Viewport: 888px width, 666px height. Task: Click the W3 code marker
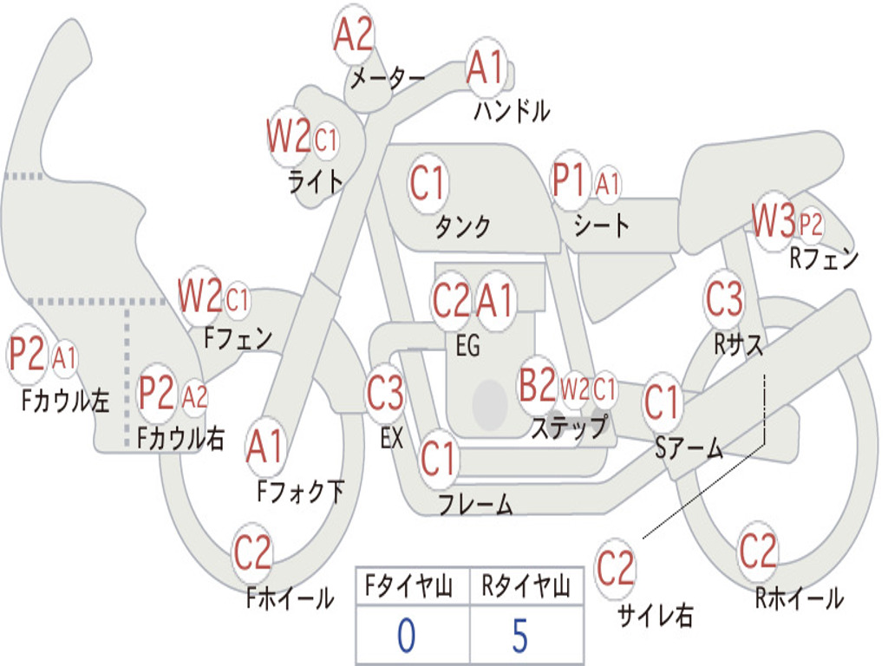pyautogui.click(x=773, y=220)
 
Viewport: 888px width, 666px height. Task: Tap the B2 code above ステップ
pyautogui.click(x=538, y=384)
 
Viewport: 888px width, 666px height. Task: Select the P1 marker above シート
pyautogui.click(x=569, y=181)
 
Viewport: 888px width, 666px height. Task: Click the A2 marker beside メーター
pyautogui.click(x=354, y=34)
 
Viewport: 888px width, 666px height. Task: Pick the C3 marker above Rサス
pyautogui.click(x=723, y=298)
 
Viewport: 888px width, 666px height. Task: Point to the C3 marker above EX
pyautogui.click(x=385, y=393)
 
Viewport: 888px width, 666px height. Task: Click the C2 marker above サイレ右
pyautogui.click(x=615, y=568)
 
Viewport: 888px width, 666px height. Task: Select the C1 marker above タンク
pyautogui.click(x=427, y=183)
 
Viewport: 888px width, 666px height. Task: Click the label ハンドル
pyautogui.click(x=512, y=111)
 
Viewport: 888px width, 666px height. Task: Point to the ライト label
pyautogui.click(x=316, y=182)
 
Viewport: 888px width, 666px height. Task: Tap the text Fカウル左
pyautogui.click(x=65, y=401)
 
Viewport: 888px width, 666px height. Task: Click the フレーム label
pyautogui.click(x=476, y=504)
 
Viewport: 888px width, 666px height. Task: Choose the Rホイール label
pyautogui.click(x=799, y=598)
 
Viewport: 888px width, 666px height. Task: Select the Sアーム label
pyautogui.click(x=689, y=448)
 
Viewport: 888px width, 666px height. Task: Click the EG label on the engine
pyautogui.click(x=467, y=345)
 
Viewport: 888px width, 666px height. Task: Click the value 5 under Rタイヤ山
pyautogui.click(x=520, y=636)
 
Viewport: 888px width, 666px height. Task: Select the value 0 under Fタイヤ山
pyautogui.click(x=406, y=636)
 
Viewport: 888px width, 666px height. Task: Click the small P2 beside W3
pyautogui.click(x=811, y=225)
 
